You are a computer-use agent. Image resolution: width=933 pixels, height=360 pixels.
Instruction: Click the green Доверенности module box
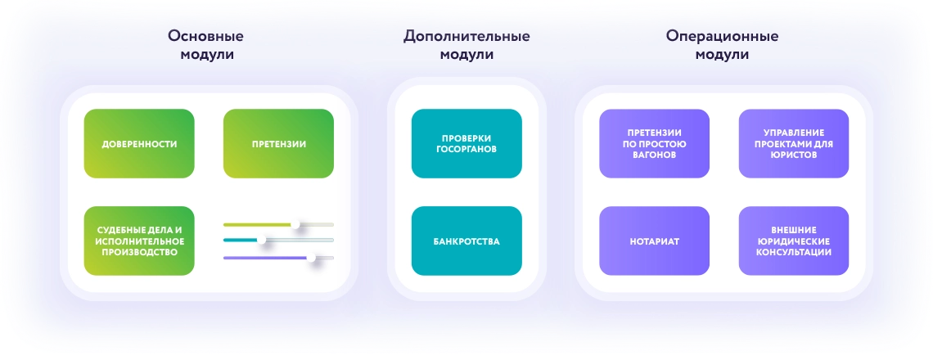point(139,143)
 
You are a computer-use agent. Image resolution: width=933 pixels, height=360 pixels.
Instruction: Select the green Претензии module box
point(278,143)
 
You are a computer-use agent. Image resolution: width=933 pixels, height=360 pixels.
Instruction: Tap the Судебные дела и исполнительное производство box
point(139,241)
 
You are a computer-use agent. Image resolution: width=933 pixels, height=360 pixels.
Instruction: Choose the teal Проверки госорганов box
point(466,143)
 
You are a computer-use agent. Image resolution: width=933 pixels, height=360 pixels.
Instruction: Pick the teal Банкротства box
point(466,241)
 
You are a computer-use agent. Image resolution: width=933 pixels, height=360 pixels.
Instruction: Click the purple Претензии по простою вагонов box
point(655,143)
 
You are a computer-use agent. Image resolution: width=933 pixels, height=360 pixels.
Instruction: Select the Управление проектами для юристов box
point(794,143)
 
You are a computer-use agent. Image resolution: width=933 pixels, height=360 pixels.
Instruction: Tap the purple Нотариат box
point(655,241)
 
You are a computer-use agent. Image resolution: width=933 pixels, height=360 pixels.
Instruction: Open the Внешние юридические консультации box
point(794,241)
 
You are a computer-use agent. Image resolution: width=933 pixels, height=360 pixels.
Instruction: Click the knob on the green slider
point(295,224)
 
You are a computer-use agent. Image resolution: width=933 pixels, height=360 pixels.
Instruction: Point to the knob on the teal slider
point(261,240)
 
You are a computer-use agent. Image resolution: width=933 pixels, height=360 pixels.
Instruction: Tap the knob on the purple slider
point(311,258)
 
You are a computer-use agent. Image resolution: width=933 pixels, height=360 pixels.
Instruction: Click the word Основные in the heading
point(205,36)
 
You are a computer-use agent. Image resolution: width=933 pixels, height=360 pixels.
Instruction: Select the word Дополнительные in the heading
point(466,36)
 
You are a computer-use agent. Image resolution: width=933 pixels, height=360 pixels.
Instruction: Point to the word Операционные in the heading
point(723,36)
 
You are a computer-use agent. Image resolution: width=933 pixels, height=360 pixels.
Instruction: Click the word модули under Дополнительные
point(466,55)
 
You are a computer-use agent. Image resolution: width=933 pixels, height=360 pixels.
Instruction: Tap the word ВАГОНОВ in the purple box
point(655,155)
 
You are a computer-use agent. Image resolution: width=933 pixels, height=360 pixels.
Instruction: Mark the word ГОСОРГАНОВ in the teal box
point(466,150)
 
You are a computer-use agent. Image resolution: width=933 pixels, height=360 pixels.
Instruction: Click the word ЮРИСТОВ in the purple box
point(794,155)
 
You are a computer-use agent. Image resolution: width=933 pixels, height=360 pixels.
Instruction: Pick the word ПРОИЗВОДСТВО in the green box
point(139,252)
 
